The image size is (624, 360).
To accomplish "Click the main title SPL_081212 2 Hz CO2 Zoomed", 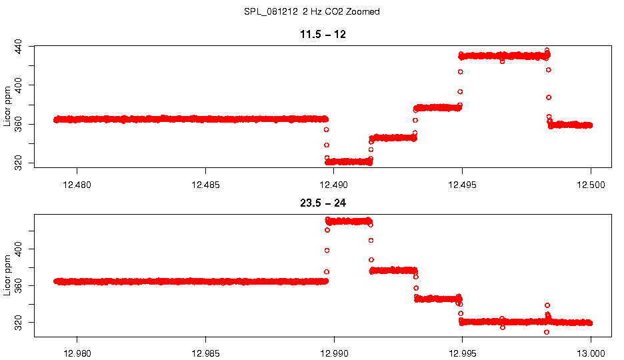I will (x=312, y=12).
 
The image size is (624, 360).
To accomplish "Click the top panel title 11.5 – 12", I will (x=323, y=35).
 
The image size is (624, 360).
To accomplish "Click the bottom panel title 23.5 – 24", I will (x=323, y=203).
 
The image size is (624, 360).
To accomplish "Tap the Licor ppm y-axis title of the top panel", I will (x=7, y=106).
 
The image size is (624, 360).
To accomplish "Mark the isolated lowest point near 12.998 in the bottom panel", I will (x=547, y=332).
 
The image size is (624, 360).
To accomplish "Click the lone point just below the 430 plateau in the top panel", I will (x=503, y=61).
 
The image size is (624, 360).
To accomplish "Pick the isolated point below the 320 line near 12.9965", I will (x=503, y=327).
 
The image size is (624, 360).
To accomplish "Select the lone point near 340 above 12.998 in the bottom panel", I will (x=547, y=305).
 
